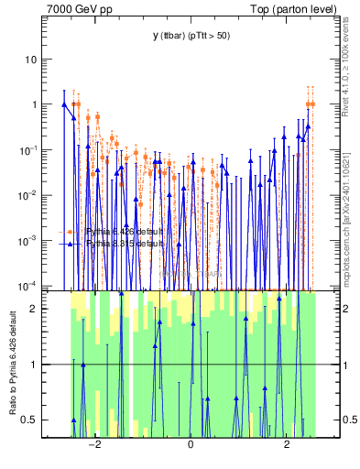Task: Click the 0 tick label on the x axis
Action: (191, 446)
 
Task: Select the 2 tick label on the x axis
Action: (287, 446)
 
